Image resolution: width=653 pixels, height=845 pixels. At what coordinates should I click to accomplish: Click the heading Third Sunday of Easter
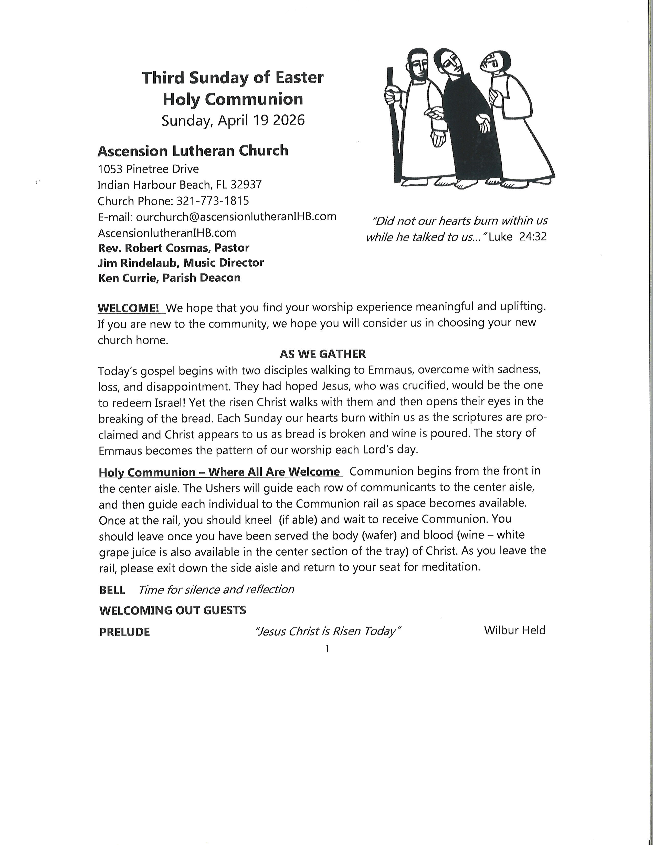tap(233, 78)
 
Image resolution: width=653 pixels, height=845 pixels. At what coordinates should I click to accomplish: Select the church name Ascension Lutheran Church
tap(193, 151)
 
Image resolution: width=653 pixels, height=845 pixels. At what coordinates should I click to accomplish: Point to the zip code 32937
tap(246, 185)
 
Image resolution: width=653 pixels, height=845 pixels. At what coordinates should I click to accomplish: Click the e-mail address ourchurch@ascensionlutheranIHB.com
tap(236, 216)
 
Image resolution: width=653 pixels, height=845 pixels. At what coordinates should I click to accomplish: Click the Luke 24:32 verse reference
tap(518, 236)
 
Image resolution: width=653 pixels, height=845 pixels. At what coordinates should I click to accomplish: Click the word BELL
tap(112, 590)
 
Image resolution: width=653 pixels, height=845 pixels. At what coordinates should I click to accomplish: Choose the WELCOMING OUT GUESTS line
tap(173, 610)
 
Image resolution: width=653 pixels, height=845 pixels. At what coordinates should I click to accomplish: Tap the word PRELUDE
tap(124, 632)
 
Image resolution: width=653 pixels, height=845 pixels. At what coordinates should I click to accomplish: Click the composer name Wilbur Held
tap(514, 631)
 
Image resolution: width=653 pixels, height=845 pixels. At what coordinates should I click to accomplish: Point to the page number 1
tap(327, 649)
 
